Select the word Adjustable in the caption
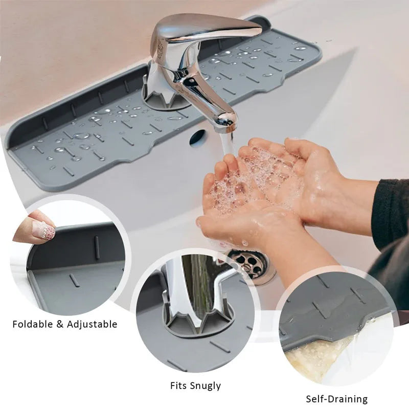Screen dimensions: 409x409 click(92, 324)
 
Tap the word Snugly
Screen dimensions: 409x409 click(207, 386)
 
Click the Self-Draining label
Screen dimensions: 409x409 click(337, 399)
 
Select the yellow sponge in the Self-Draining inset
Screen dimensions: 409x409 click(317, 358)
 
